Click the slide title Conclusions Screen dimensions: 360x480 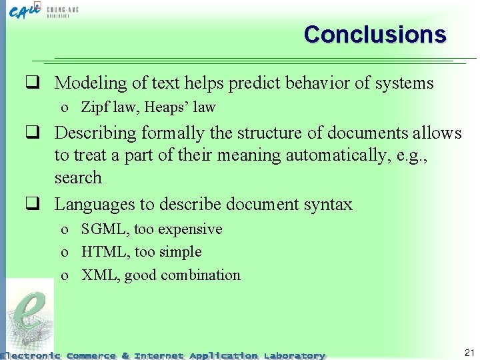(375, 34)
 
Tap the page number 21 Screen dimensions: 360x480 (469, 352)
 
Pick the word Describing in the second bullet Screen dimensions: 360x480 (95, 133)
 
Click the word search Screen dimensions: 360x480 (78, 178)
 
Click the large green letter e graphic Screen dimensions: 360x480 (31, 313)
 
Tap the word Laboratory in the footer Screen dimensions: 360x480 (294, 355)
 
